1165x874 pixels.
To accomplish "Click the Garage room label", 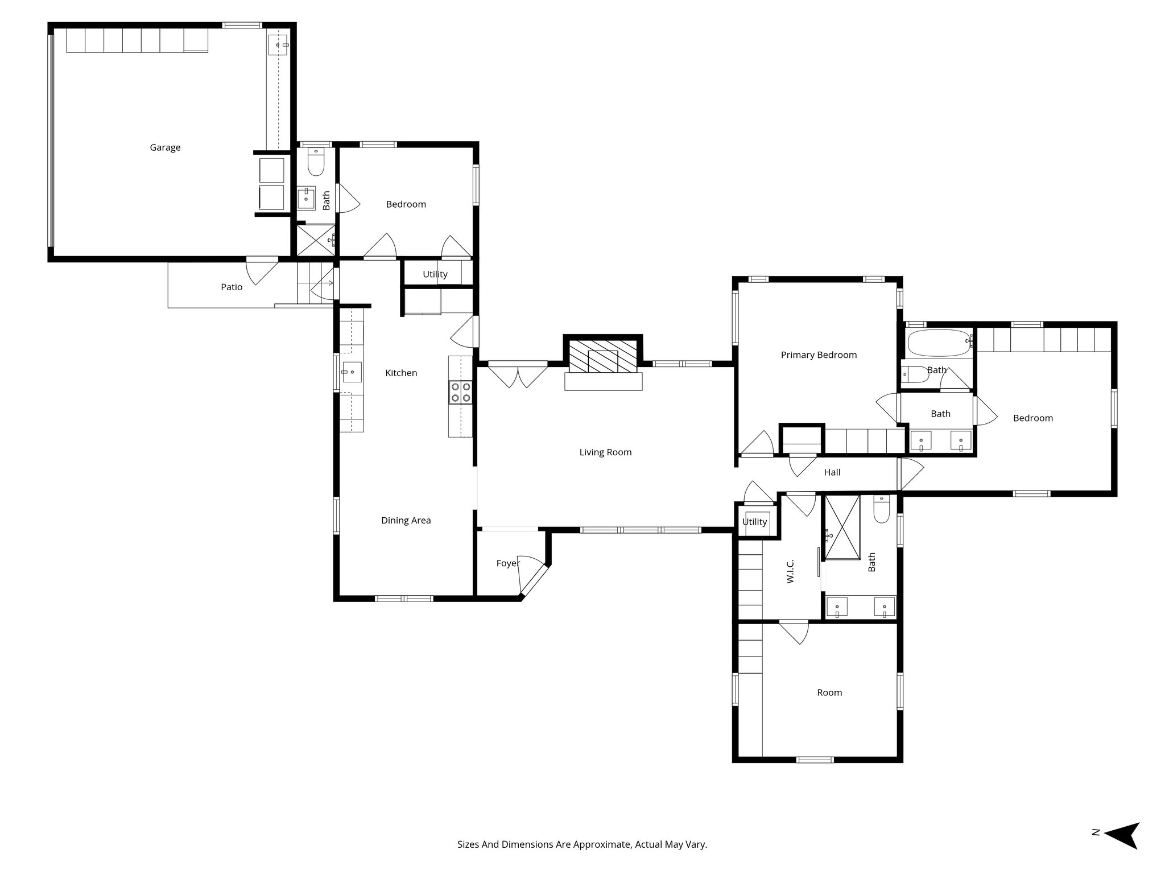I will point(165,147).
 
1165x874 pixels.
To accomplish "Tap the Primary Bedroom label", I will point(819,355).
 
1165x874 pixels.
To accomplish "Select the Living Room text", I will point(605,452).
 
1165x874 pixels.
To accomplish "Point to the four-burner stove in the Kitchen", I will point(461,392).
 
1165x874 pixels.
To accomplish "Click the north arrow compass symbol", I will point(1121,851).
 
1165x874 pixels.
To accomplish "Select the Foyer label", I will point(507,563).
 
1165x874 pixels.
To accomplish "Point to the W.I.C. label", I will point(790,571).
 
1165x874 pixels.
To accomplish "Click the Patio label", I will point(232,287).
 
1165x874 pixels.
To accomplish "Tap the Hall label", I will point(832,472).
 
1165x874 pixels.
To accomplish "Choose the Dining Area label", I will point(406,521).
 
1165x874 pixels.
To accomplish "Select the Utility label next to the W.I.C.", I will point(754,522).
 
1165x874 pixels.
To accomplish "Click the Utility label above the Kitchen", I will point(435,274).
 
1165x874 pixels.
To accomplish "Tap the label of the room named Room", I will point(829,692).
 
